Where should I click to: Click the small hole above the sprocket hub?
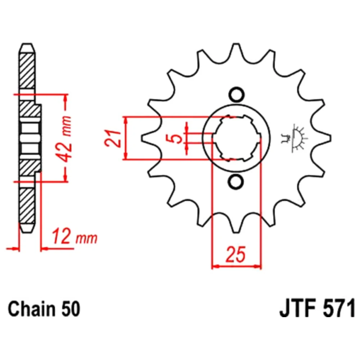[236, 95]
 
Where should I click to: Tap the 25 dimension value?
[236, 255]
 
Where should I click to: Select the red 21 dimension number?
[112, 138]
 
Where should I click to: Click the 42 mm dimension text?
[65, 139]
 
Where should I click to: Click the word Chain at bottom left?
[31, 309]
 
